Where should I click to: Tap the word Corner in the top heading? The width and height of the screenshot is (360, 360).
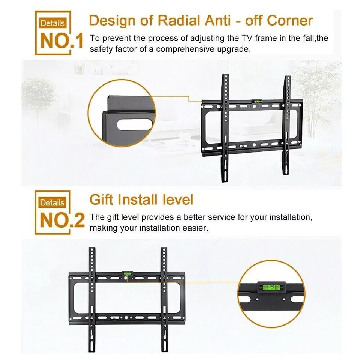290,20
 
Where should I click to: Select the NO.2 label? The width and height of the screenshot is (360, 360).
62,220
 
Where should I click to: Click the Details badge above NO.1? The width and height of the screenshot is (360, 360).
52,23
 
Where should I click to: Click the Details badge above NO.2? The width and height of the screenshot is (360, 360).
52,203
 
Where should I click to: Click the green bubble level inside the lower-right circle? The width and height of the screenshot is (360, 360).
271,287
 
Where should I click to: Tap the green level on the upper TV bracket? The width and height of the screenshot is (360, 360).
256,100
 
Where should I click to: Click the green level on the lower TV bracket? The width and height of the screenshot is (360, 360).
127,273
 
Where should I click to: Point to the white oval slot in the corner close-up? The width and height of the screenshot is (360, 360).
135,124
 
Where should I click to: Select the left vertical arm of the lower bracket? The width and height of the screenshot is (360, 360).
92,299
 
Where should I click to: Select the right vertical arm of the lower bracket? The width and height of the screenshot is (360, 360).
164,299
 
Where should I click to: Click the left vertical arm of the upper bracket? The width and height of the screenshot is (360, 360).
225,128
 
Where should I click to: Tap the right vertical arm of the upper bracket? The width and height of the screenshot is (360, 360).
286,125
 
